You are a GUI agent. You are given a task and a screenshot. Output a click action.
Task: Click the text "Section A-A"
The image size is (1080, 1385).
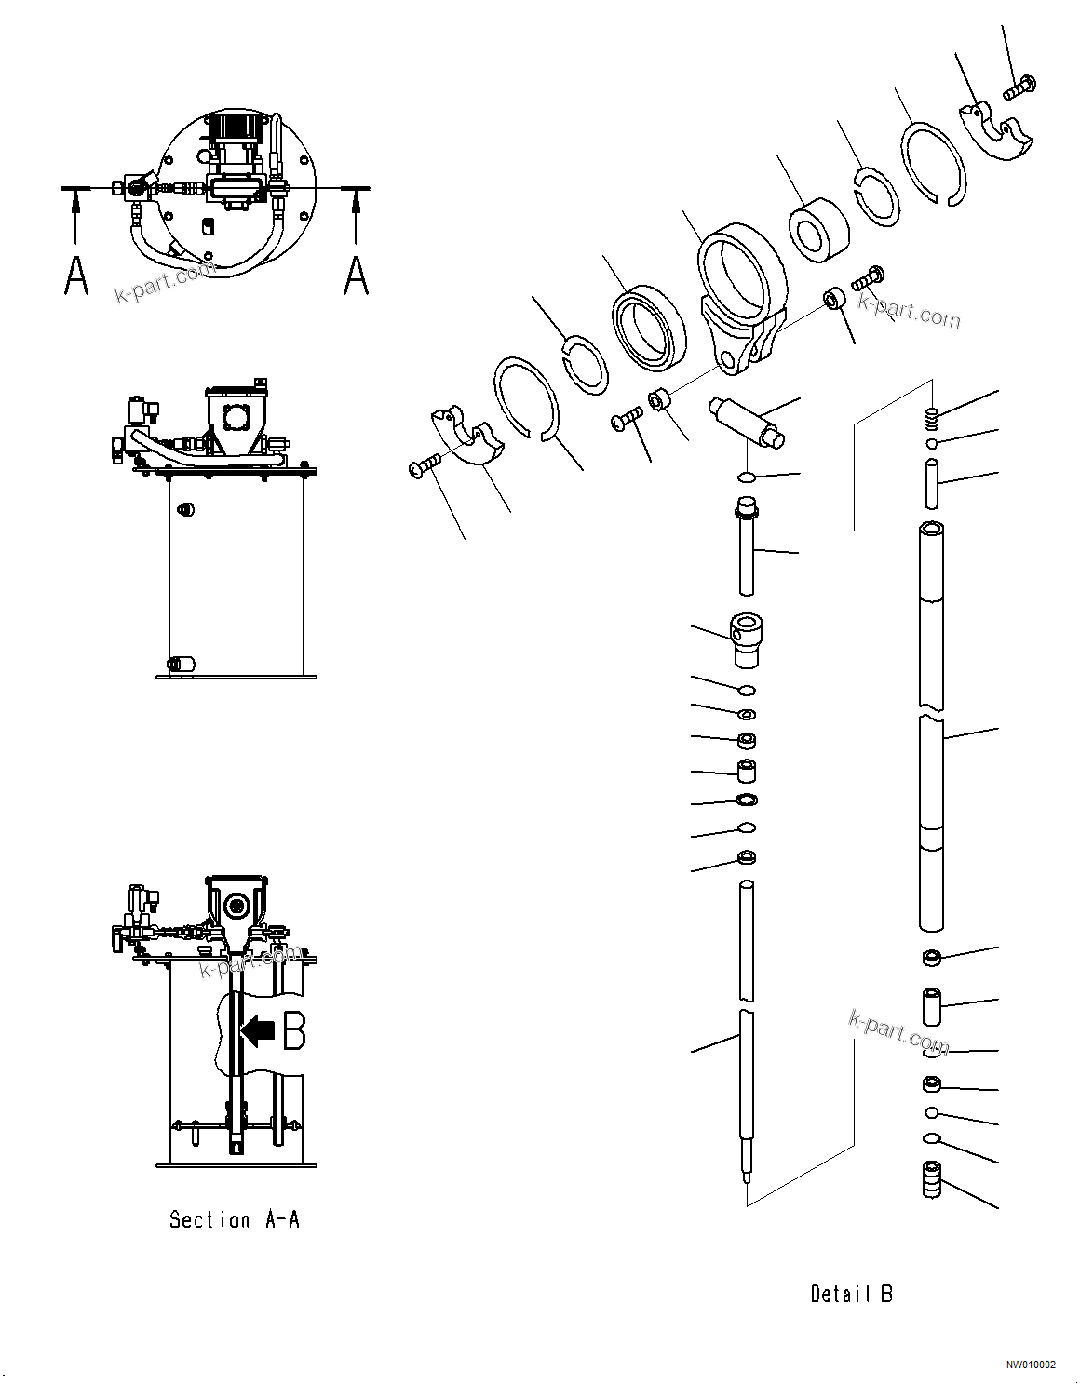click(235, 1219)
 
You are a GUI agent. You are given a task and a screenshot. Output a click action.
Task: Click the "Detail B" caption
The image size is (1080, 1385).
click(851, 1294)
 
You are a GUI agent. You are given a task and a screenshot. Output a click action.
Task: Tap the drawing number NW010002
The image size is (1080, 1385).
click(1030, 1365)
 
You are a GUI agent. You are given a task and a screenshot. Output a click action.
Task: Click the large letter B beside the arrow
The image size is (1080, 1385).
click(294, 1030)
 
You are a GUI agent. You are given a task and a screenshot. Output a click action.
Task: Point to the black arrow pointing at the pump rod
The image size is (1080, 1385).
click(258, 1030)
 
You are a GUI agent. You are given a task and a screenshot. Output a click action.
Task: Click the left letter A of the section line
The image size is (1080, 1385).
click(76, 276)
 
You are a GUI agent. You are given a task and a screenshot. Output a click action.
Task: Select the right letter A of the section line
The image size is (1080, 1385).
click(357, 276)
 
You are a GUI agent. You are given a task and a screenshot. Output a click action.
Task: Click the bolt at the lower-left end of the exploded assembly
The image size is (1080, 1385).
click(425, 464)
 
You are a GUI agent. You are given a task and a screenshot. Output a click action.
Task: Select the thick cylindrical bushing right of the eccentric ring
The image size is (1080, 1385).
click(818, 229)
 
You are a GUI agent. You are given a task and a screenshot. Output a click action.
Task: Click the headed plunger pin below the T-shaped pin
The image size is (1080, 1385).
click(746, 545)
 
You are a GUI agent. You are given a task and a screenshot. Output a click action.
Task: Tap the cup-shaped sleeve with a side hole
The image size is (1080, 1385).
click(747, 639)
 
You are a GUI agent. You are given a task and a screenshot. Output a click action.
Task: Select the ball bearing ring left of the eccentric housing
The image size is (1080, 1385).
click(649, 328)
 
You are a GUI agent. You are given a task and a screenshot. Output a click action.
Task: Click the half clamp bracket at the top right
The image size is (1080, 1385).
click(996, 132)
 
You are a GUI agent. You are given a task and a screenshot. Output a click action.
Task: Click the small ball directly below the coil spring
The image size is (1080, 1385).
click(932, 443)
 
